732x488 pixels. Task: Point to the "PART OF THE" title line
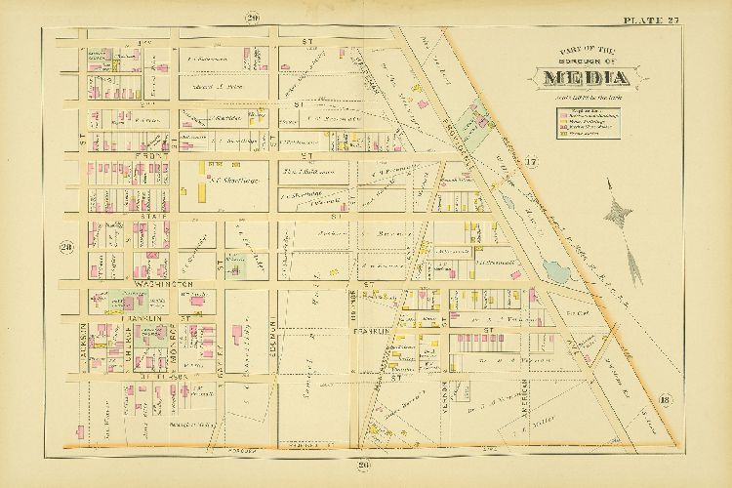pos(584,51)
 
